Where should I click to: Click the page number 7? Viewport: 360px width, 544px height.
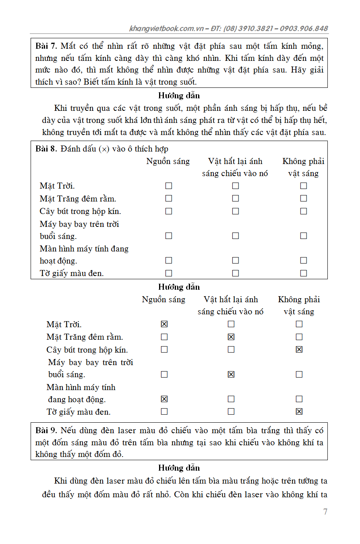pyautogui.click(x=325, y=512)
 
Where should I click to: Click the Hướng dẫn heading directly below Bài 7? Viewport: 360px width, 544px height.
pyautogui.click(x=179, y=96)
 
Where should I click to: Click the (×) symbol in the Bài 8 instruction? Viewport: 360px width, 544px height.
pyautogui.click(x=104, y=149)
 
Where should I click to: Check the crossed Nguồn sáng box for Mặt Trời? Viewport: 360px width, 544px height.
pyautogui.click(x=164, y=324)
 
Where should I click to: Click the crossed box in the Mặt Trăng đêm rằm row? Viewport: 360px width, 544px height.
pyautogui.click(x=231, y=337)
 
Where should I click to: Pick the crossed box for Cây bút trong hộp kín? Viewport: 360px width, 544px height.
pyautogui.click(x=299, y=349)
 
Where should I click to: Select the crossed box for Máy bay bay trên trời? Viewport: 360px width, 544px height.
pyautogui.click(x=231, y=374)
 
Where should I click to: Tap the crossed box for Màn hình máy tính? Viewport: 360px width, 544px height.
pyautogui.click(x=164, y=399)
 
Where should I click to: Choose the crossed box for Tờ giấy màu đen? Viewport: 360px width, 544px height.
pyautogui.click(x=299, y=411)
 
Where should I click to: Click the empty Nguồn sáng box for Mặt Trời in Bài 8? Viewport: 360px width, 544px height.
pyautogui.click(x=169, y=186)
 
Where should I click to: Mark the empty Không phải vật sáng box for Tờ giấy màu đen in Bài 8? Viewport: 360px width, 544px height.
pyautogui.click(x=304, y=273)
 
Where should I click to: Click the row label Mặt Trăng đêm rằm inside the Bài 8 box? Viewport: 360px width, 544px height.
pyautogui.click(x=78, y=199)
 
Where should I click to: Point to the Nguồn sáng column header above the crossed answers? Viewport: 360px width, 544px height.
pyautogui.click(x=163, y=299)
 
